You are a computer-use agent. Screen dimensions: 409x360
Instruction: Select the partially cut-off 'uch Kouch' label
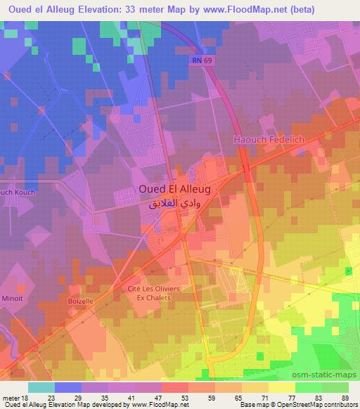[17, 191]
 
